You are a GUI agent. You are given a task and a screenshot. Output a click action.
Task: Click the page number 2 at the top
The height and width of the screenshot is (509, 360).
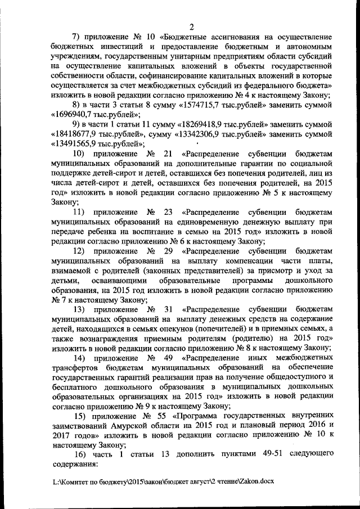(192, 25)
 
